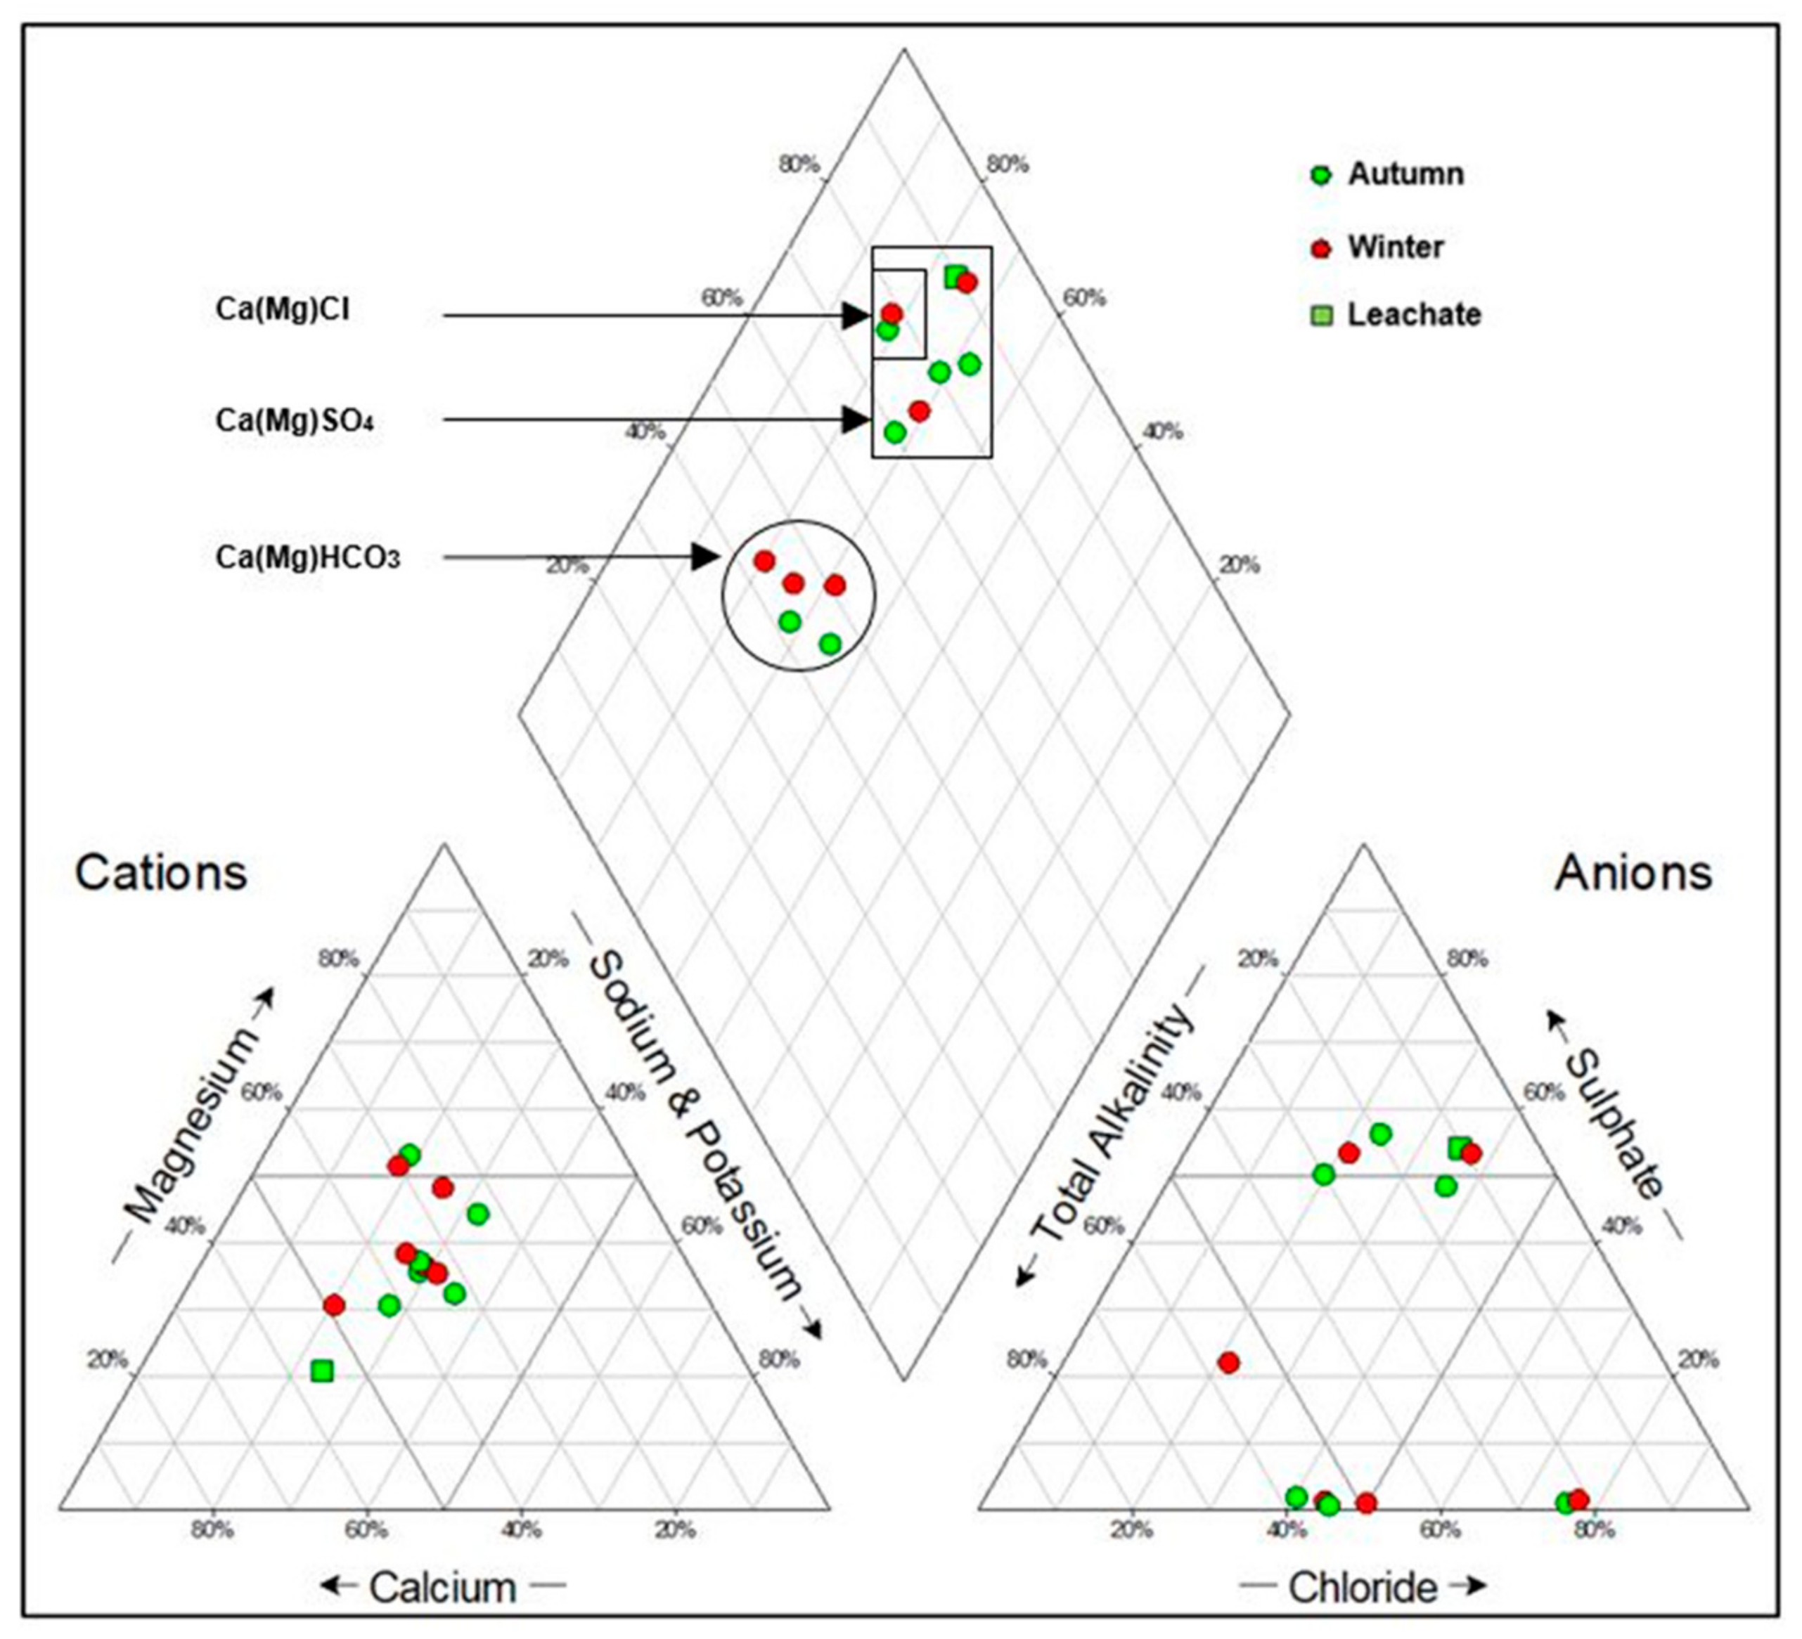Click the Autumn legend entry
click(1404, 174)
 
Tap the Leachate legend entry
click(1413, 315)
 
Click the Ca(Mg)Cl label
click(283, 309)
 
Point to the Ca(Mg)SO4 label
click(294, 420)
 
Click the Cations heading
click(161, 872)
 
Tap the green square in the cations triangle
click(322, 1371)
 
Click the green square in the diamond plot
click(955, 276)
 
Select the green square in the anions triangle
click(1459, 1148)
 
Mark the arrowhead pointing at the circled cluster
click(706, 557)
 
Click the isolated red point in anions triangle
click(1229, 1363)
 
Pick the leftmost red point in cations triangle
click(334, 1306)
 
